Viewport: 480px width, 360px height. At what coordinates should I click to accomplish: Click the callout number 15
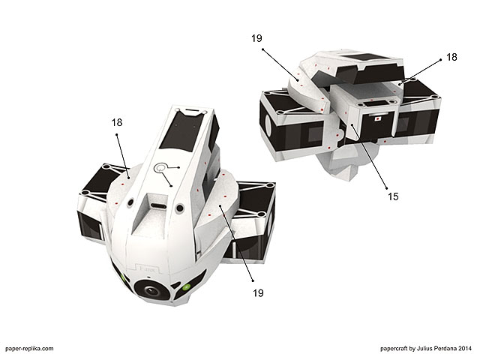tap(393, 196)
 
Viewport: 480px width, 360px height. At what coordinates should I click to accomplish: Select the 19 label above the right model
tap(256, 38)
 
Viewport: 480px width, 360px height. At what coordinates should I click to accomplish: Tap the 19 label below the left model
tap(258, 293)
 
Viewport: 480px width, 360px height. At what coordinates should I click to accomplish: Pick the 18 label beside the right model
tap(451, 57)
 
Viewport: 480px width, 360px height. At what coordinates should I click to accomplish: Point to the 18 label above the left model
tap(117, 122)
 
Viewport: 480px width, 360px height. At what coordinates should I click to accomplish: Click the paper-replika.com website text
tap(29, 348)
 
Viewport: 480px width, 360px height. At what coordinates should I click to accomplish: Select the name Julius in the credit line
tap(423, 348)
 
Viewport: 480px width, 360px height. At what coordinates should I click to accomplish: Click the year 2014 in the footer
tap(465, 348)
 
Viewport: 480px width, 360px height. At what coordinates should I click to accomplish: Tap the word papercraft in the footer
tap(394, 348)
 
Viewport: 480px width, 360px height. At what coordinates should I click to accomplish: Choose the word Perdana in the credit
tap(444, 348)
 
